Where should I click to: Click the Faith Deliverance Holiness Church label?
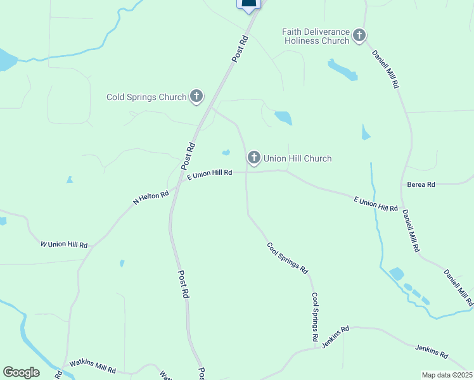tap(317, 36)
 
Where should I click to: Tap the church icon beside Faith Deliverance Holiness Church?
tap(360, 35)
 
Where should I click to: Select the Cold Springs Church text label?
tap(146, 97)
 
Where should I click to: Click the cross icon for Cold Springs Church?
tap(196, 96)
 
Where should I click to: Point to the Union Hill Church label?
tap(297, 158)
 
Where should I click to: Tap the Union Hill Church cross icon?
tap(254, 157)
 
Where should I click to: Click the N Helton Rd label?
tap(150, 198)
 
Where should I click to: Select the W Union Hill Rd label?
tap(64, 244)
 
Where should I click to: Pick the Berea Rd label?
tap(422, 184)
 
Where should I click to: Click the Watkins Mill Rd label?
tap(93, 366)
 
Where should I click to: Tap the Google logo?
tap(21, 372)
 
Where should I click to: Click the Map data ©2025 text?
tap(447, 375)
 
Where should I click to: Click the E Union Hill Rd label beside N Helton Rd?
tap(210, 173)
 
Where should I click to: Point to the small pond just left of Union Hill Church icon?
tap(226, 152)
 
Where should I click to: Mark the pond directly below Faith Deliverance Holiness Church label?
tap(343, 70)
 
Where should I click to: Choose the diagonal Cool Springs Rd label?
tap(286, 258)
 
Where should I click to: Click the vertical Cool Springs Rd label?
tap(314, 317)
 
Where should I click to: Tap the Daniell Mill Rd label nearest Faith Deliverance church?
tap(385, 68)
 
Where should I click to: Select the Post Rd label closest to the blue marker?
tap(241, 47)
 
